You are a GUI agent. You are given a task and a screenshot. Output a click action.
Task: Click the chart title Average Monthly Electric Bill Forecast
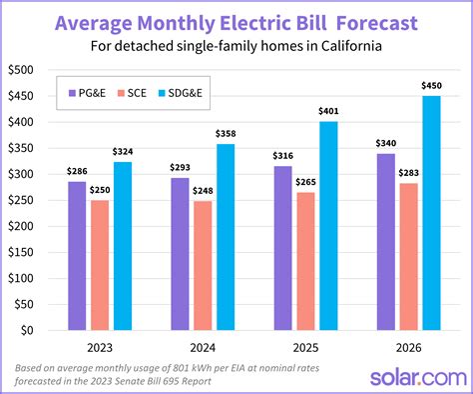click(x=236, y=21)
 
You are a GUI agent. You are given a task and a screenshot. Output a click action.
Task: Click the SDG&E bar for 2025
click(x=328, y=225)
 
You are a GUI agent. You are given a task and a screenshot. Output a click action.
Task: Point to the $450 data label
click(x=431, y=85)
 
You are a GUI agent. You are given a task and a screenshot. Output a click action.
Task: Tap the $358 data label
click(x=226, y=133)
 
